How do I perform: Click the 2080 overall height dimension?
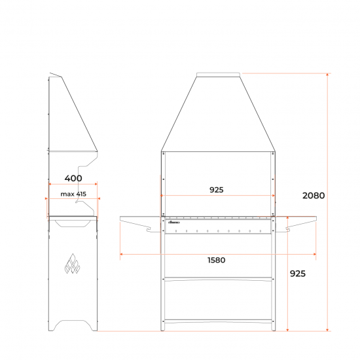[314, 196]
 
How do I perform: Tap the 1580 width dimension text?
[217, 260]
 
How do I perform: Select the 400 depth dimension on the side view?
[73, 178]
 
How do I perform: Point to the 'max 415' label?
[73, 194]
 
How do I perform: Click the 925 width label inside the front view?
[217, 190]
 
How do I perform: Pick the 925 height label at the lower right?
[297, 274]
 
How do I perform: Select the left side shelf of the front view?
[139, 218]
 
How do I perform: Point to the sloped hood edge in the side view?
[81, 111]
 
